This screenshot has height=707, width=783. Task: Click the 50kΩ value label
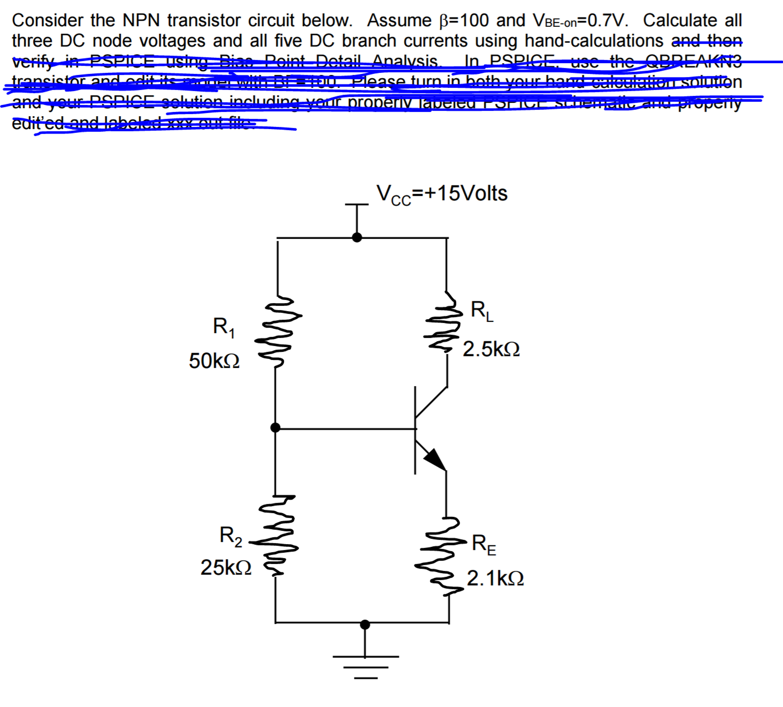(214, 361)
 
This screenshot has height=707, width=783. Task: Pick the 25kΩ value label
(226, 568)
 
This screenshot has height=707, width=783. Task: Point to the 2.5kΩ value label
(491, 349)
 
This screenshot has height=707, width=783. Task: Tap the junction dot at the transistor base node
(275, 428)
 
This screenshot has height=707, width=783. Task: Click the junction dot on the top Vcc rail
(357, 237)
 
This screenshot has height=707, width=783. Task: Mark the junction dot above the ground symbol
(365, 625)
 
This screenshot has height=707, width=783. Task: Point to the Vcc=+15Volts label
(442, 194)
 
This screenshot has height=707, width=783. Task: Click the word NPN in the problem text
(141, 20)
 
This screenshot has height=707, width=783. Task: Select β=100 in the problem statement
(464, 20)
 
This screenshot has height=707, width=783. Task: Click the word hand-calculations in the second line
(594, 40)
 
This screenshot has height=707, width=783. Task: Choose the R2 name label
(230, 536)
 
